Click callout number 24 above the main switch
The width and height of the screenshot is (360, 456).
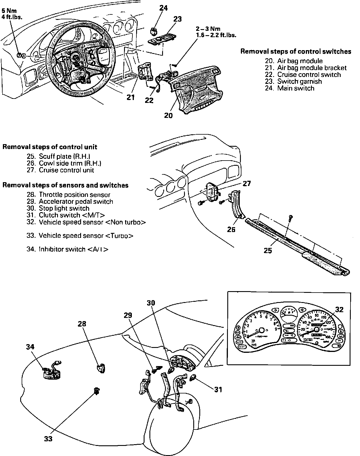[x=163, y=8]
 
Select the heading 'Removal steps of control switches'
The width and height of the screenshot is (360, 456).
[x=296, y=52]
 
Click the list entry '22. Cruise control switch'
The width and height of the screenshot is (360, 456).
[x=303, y=75]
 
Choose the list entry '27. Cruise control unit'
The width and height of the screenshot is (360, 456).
[x=60, y=170]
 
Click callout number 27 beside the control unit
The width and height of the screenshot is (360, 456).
[x=247, y=184]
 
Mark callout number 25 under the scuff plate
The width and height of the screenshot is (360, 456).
[x=268, y=250]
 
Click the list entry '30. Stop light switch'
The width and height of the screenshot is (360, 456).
[x=58, y=208]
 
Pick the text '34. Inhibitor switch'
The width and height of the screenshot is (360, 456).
[x=67, y=249]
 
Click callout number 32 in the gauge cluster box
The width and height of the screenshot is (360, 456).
[x=339, y=310]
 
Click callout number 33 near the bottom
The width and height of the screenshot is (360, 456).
[x=48, y=439]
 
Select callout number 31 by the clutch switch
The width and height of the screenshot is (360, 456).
[x=218, y=390]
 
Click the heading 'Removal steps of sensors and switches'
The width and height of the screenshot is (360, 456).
[x=65, y=185]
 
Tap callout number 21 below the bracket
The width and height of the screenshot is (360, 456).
[x=131, y=97]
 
